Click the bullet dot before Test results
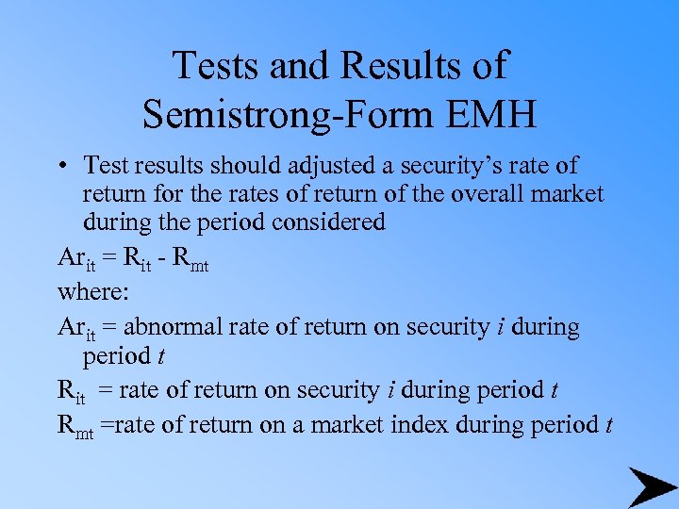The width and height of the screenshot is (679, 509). tap(60, 167)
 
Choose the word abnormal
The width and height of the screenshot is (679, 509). tap(169, 327)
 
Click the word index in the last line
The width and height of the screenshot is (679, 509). tap(419, 424)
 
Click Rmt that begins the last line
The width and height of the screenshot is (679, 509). tap(75, 425)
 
